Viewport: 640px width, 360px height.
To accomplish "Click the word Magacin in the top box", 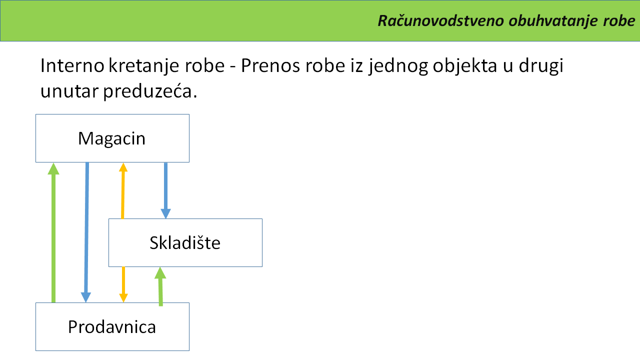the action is click(x=111, y=139).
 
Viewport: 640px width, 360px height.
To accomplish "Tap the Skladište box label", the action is click(x=185, y=243).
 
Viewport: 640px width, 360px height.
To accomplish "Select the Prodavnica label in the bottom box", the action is click(x=111, y=327).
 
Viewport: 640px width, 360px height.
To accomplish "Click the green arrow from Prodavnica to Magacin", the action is click(x=53, y=232).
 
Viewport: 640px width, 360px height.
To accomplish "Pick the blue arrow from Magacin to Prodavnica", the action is click(x=86, y=232).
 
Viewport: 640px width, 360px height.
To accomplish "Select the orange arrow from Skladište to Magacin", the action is click(x=123, y=191).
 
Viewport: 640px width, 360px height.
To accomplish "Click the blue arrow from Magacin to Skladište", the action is click(x=165, y=191).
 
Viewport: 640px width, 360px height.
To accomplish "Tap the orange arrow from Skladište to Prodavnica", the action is click(x=123, y=284).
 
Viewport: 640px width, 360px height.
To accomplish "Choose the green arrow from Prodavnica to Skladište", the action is click(x=160, y=286).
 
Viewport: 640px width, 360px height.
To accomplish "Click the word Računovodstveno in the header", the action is click(x=441, y=20).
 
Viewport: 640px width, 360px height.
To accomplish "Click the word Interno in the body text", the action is click(x=72, y=65).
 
